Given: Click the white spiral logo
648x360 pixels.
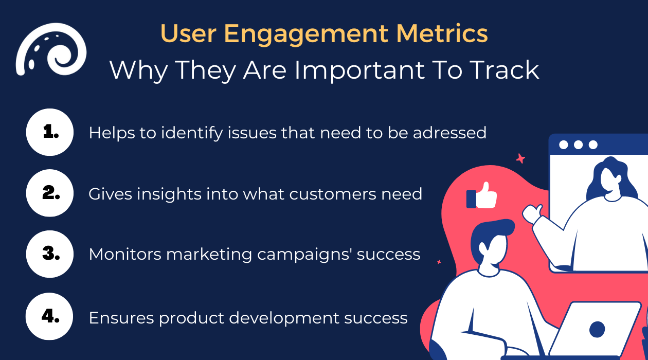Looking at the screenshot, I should click(x=50, y=49).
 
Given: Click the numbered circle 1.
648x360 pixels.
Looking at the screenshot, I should click(x=50, y=132).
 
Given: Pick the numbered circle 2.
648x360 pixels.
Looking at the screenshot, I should click(x=50, y=193).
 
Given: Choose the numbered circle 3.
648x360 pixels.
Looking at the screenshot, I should click(x=50, y=254).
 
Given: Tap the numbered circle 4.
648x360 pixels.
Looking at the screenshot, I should click(x=50, y=316).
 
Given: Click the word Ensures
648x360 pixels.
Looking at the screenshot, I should click(x=121, y=318).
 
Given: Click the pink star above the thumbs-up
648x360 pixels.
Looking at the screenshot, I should click(x=520, y=158).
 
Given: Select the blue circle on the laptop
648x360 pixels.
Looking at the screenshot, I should click(x=597, y=329).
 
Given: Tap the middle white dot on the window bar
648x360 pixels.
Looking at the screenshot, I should click(x=578, y=145).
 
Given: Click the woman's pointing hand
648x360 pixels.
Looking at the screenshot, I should click(x=533, y=213).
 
